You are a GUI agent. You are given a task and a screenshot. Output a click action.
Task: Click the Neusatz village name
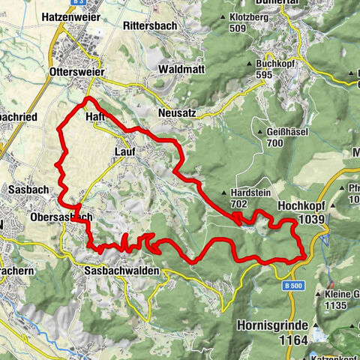click(177, 112)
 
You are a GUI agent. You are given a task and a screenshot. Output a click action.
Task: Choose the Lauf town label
click(125, 151)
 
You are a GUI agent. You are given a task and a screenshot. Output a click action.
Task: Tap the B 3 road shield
click(79, 4)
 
